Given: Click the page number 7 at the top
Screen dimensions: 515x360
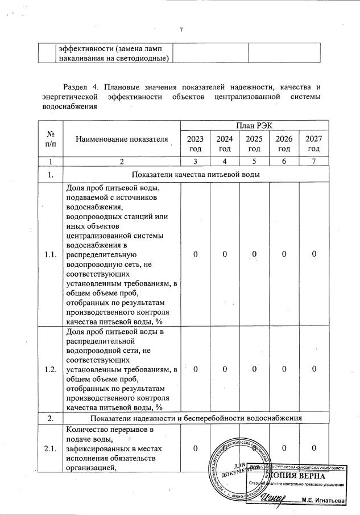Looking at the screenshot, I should tap(180, 30).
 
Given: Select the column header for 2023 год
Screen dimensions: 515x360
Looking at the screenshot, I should tap(195, 144).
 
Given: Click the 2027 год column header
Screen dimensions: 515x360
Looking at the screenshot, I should tap(313, 144).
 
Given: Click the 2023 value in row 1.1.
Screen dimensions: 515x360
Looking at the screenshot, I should tap(195, 254).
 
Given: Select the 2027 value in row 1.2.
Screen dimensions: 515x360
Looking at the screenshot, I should tap(313, 369).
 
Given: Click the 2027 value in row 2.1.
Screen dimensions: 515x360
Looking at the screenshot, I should tap(313, 449).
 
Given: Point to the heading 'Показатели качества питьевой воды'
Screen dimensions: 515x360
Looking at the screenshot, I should tap(196, 175).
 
